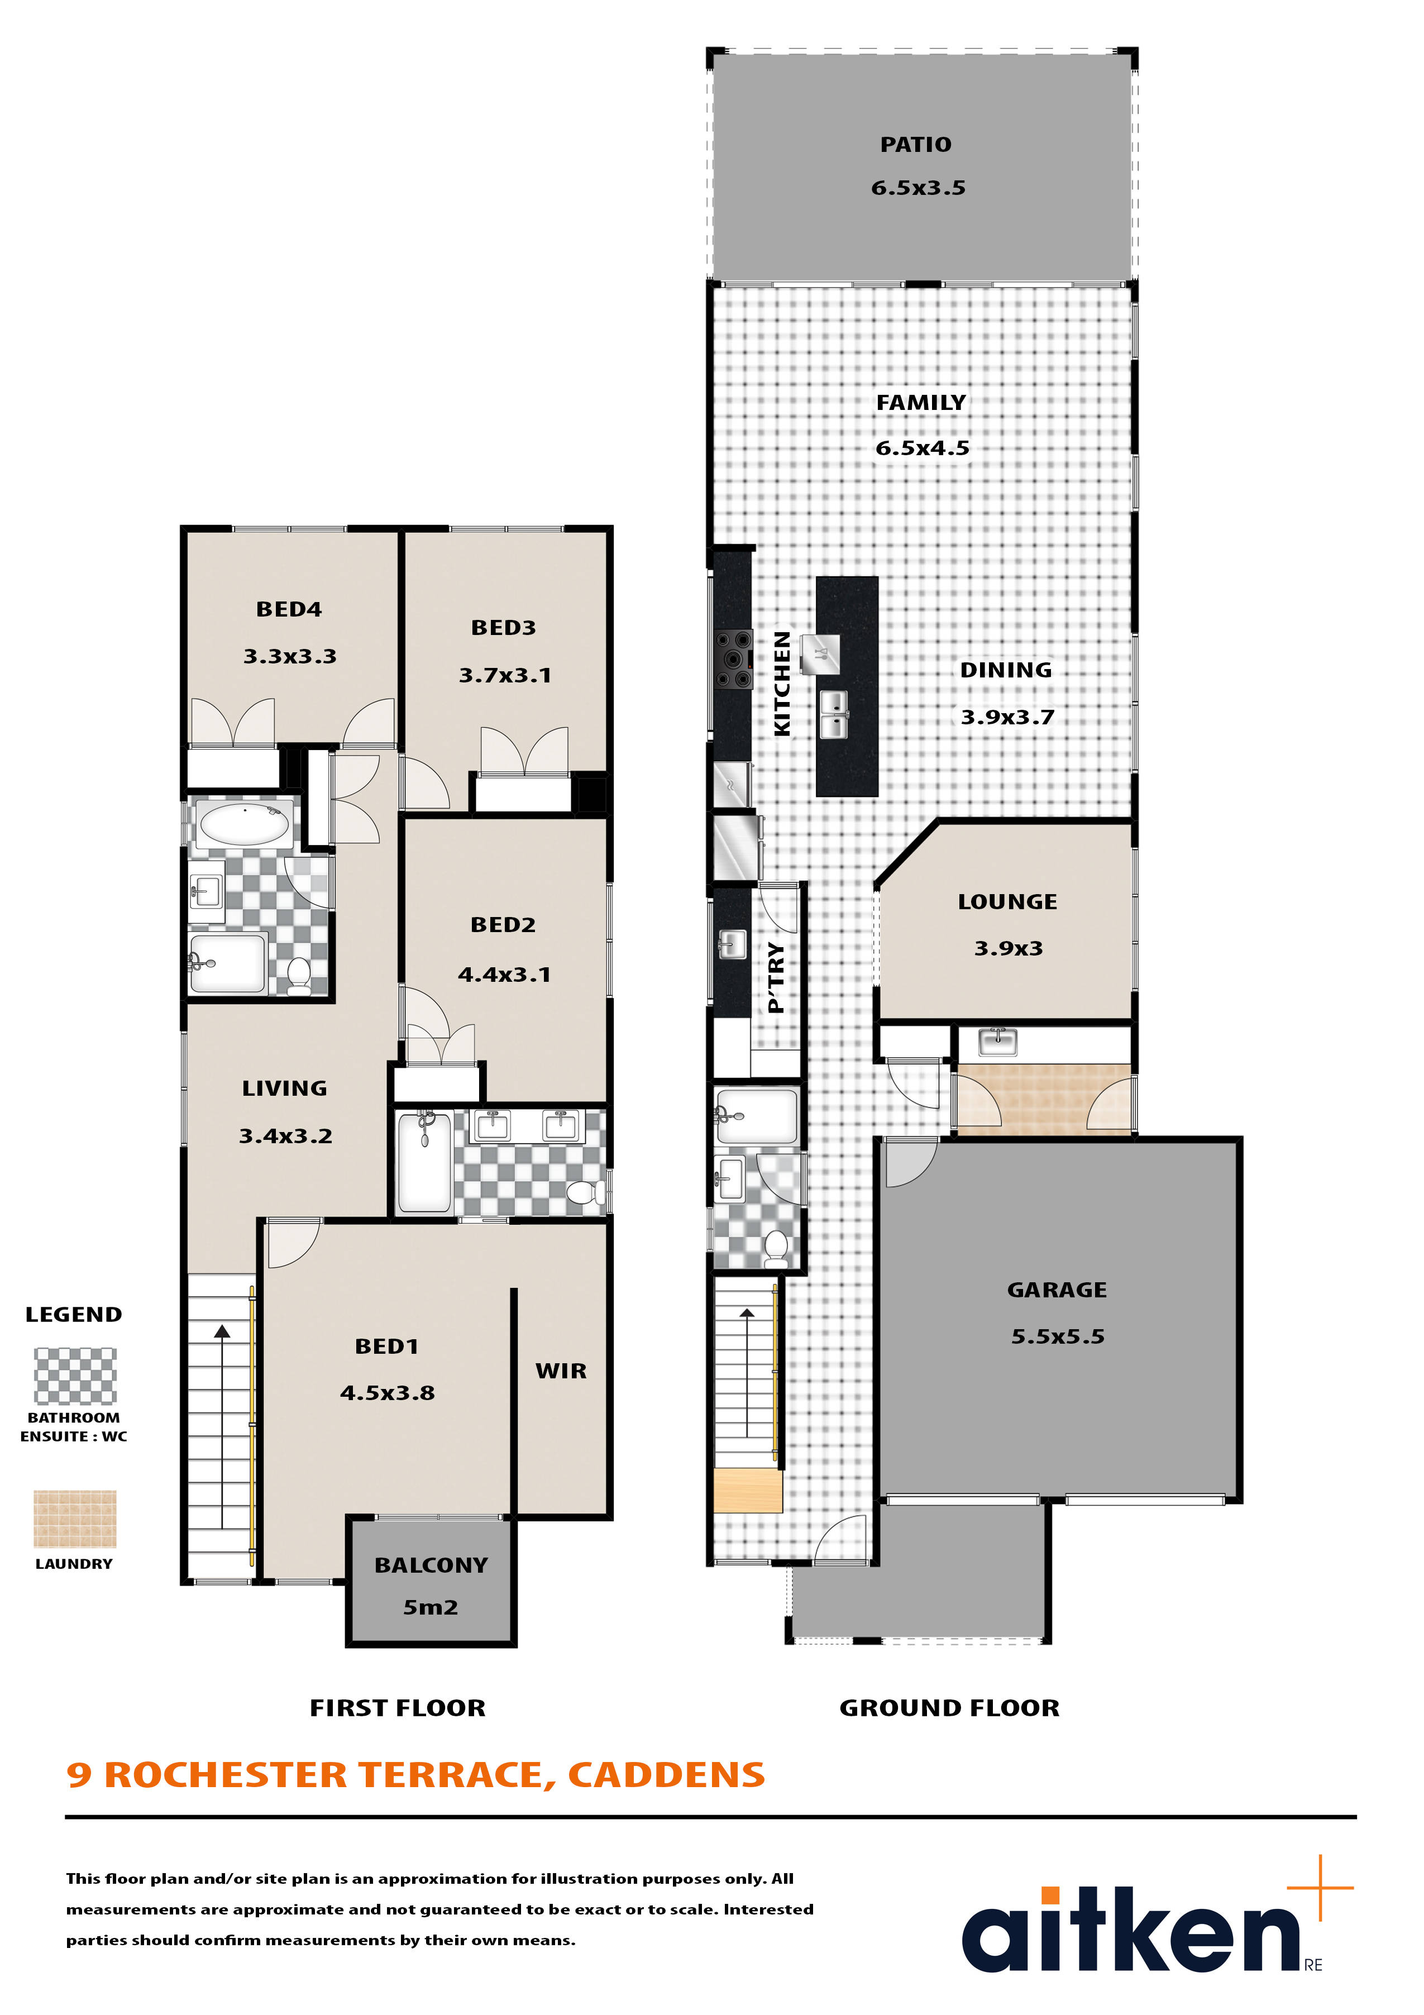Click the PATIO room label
click(x=915, y=145)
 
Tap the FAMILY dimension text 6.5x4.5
click(x=922, y=448)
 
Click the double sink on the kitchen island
click(x=834, y=714)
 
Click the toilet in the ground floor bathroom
click(x=776, y=1249)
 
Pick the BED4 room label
click(x=289, y=609)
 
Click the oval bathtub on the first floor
click(x=245, y=824)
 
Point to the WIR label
click(x=561, y=1371)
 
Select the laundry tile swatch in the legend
click(x=75, y=1519)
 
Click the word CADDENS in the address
click(x=667, y=1774)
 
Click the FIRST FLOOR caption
click(x=398, y=1708)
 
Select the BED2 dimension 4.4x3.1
click(x=504, y=974)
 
